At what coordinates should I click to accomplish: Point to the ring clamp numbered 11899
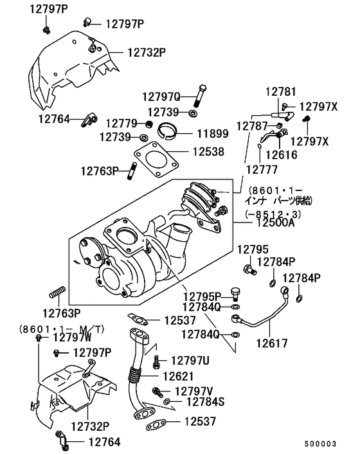click(172, 131)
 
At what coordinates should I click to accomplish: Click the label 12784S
click(205, 402)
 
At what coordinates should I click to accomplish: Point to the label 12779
click(122, 123)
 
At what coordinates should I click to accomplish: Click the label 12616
click(281, 154)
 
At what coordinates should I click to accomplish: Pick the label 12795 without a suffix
click(252, 250)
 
